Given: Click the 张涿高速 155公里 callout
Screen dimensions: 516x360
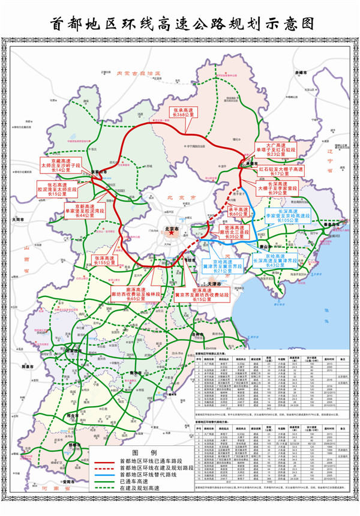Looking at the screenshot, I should click(x=108, y=259).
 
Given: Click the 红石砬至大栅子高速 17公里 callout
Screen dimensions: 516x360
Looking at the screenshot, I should click(x=281, y=172).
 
